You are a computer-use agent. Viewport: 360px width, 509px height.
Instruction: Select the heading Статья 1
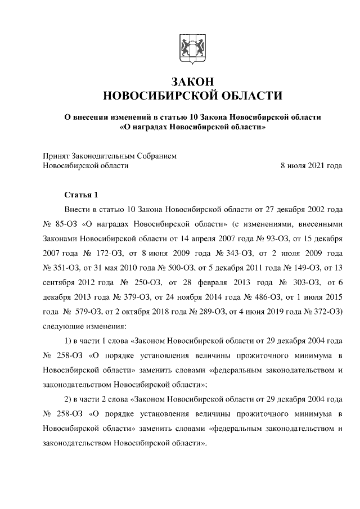[x=81, y=195]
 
